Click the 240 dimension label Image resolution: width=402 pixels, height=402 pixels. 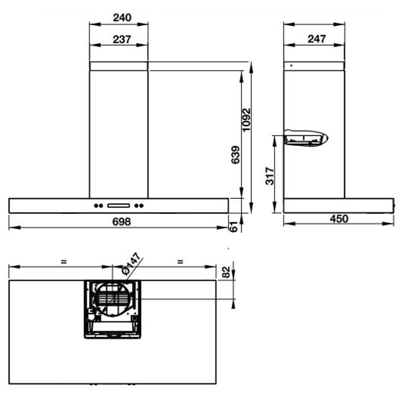point(122,17)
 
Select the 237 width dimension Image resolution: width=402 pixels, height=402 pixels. point(122,39)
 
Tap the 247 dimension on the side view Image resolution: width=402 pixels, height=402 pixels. point(317,39)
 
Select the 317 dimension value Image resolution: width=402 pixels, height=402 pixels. point(270,176)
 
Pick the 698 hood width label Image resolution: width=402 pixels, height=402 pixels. point(121,222)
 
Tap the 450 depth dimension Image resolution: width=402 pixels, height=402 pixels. point(339,219)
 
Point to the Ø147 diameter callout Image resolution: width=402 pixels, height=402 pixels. point(131,264)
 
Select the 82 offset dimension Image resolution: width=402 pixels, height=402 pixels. point(226,272)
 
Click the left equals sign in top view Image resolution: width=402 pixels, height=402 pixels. point(64,262)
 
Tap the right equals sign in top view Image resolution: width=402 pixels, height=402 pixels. point(180,262)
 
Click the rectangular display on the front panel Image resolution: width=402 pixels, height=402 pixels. point(119,206)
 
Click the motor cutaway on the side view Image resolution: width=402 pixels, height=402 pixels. point(306,138)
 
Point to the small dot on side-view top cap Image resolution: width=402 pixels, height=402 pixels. point(291,66)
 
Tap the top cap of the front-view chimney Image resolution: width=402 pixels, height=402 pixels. point(119,66)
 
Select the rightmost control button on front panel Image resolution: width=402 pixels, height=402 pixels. point(141,206)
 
